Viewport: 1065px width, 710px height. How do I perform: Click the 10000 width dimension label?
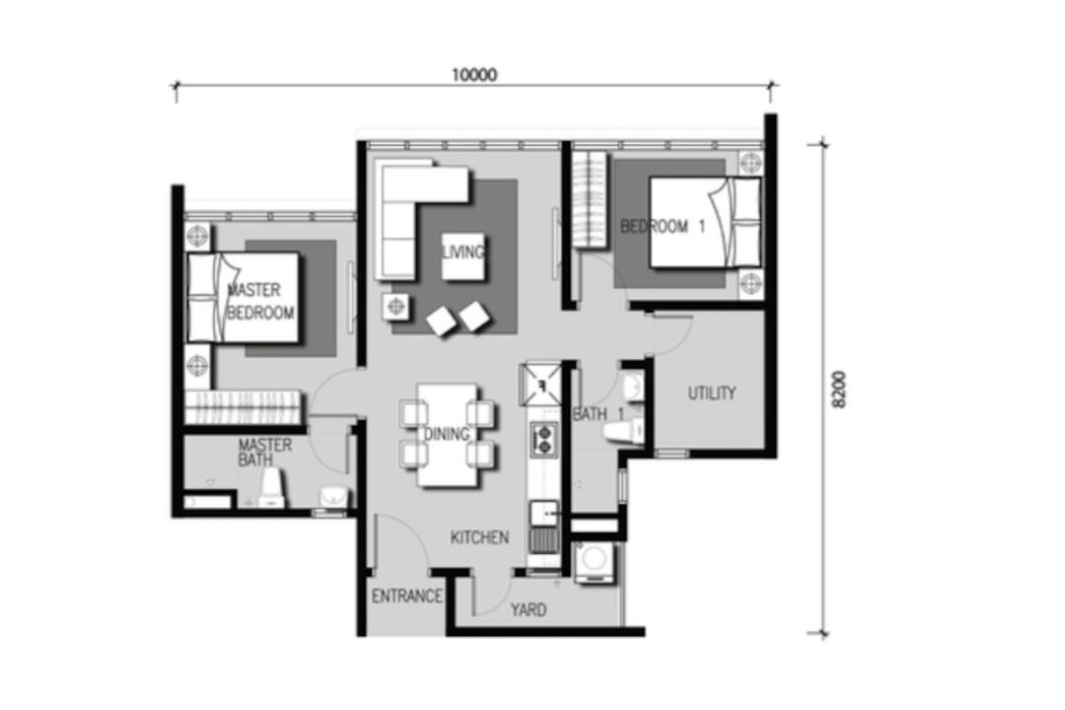tap(474, 74)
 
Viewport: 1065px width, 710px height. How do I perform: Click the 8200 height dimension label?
tap(839, 390)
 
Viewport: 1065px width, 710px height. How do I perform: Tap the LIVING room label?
tap(463, 252)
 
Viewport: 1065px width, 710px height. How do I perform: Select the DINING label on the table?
tap(447, 434)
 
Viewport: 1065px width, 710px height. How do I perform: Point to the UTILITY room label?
tap(712, 392)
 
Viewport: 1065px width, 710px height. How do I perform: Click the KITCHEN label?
tap(479, 537)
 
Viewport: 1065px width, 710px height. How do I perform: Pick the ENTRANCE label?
tap(407, 596)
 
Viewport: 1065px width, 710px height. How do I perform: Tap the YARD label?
tap(529, 609)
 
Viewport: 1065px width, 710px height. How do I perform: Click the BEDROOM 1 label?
tap(663, 226)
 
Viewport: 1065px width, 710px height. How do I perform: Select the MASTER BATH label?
tap(265, 453)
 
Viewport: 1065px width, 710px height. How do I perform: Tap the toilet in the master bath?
tap(271, 488)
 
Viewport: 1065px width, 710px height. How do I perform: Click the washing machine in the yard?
tap(595, 562)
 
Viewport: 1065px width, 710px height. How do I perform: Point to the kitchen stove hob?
tap(544, 438)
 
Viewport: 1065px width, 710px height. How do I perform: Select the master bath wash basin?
tap(334, 496)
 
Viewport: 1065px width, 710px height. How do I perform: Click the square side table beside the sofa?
tap(395, 307)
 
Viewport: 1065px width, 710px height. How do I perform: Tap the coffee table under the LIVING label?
tap(463, 256)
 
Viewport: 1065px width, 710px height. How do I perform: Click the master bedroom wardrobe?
tap(244, 407)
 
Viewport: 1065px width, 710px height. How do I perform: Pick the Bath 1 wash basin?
tap(633, 388)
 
